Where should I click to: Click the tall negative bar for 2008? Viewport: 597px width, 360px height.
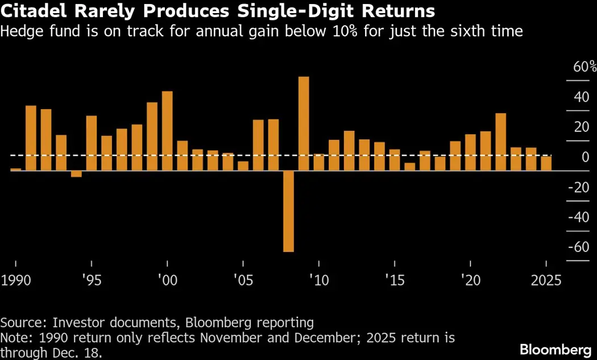289,210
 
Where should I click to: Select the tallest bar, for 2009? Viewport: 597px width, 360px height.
304,123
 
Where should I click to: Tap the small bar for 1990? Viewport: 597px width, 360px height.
15,169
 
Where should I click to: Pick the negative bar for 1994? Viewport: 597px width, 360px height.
76,173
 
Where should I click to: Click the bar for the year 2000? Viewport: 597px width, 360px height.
167,131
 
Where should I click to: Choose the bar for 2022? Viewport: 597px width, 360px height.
501,142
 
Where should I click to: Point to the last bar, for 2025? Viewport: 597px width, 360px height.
546,163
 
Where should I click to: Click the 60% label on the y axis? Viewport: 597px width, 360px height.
584,67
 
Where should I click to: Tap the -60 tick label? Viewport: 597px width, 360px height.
579,247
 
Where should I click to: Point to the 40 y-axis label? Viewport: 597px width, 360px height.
581,97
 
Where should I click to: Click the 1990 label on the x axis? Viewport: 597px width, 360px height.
16,280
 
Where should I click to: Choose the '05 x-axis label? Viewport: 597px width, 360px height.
243,280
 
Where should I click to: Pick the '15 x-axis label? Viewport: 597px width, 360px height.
395,280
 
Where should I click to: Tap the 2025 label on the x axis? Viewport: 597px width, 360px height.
545,280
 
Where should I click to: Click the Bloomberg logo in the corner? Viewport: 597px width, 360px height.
555,348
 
